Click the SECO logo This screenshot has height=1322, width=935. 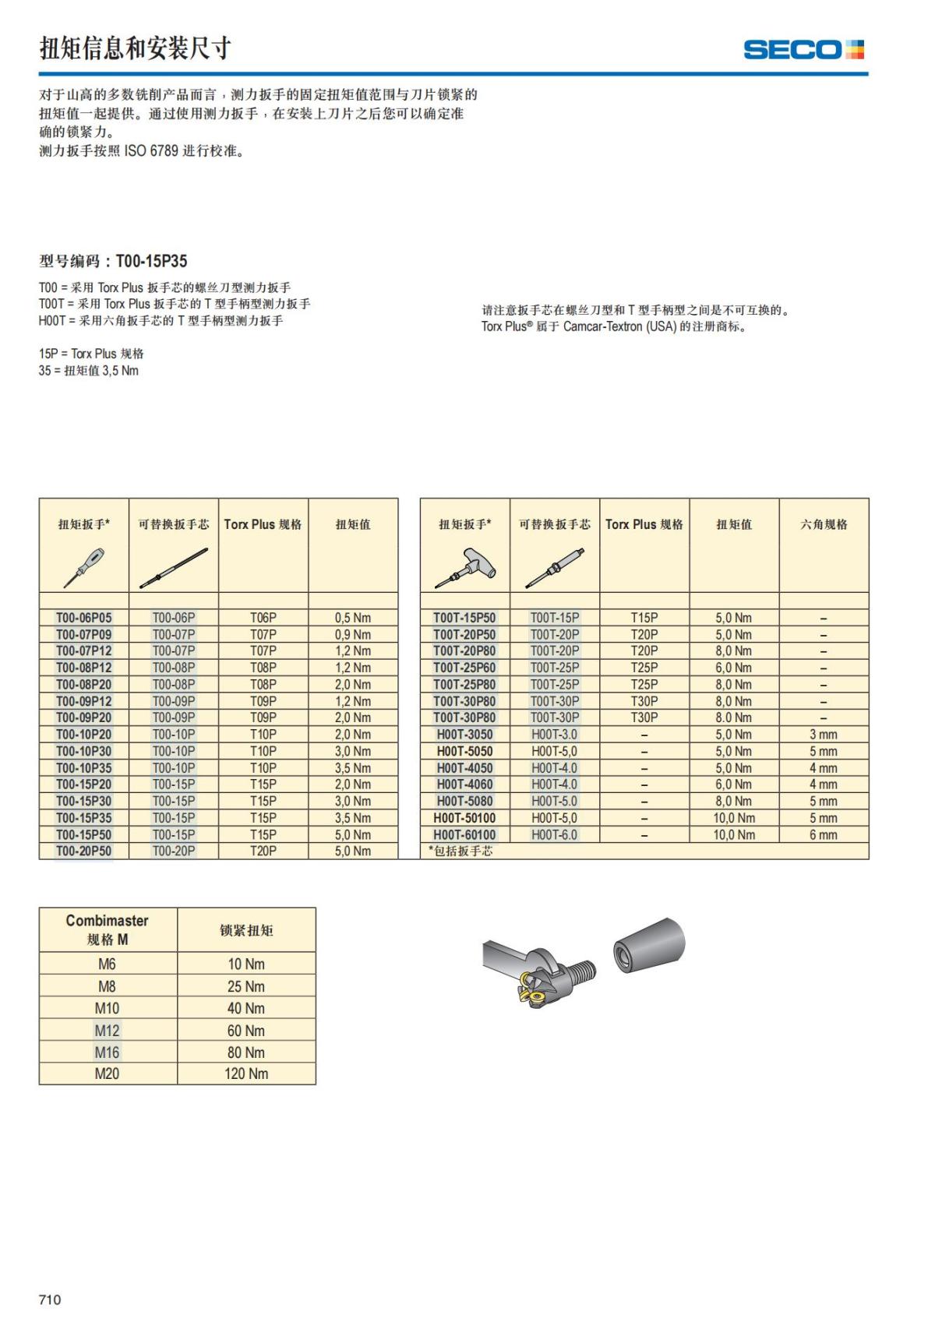click(803, 50)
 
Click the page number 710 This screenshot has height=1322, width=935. click(50, 1299)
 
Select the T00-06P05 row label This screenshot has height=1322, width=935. click(83, 618)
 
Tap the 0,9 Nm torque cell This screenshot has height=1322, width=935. click(353, 635)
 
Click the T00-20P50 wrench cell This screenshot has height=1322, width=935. click(83, 851)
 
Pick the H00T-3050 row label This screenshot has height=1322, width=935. click(464, 735)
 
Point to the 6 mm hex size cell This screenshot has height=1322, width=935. click(823, 835)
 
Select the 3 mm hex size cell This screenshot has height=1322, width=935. click(823, 735)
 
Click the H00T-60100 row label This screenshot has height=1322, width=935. click(464, 835)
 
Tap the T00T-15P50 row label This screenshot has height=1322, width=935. click(464, 618)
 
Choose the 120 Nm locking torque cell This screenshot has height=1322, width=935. click(246, 1073)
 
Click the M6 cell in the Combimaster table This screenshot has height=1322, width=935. click(107, 964)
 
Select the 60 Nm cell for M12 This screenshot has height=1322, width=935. click(246, 1031)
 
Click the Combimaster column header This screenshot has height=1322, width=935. click(107, 929)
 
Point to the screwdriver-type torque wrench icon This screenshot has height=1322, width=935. click(83, 567)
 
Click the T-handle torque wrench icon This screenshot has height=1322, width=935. click(465, 567)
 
